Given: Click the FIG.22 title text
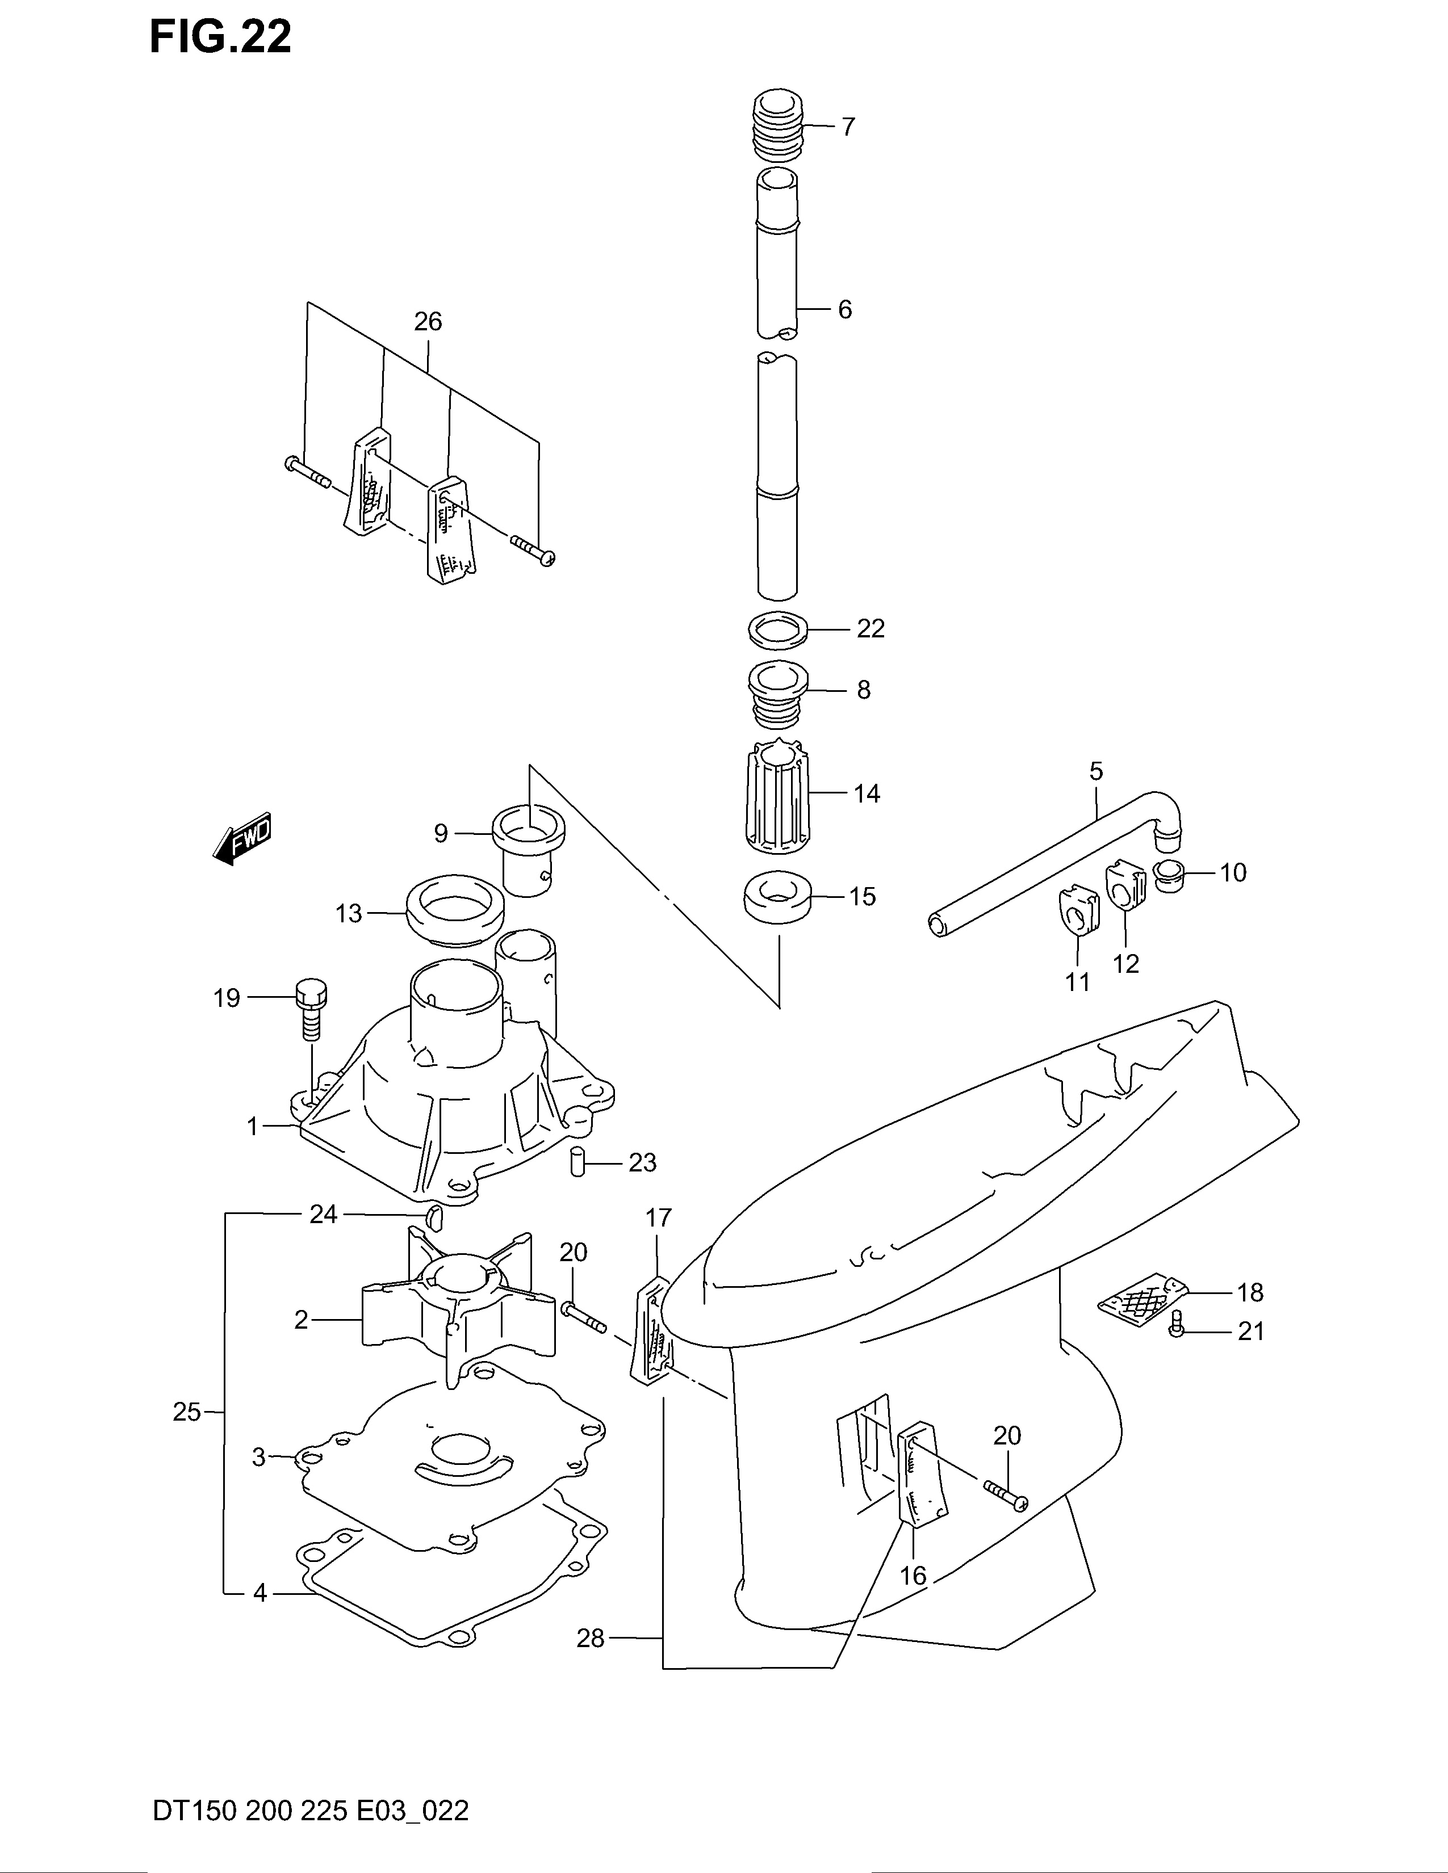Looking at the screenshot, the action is (220, 37).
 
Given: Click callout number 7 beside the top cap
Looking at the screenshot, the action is (848, 127).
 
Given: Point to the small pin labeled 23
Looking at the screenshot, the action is (578, 1162).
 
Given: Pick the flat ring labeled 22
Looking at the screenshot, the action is (779, 631).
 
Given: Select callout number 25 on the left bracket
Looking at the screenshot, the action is (186, 1412).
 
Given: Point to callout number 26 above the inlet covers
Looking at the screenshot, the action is (428, 322).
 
